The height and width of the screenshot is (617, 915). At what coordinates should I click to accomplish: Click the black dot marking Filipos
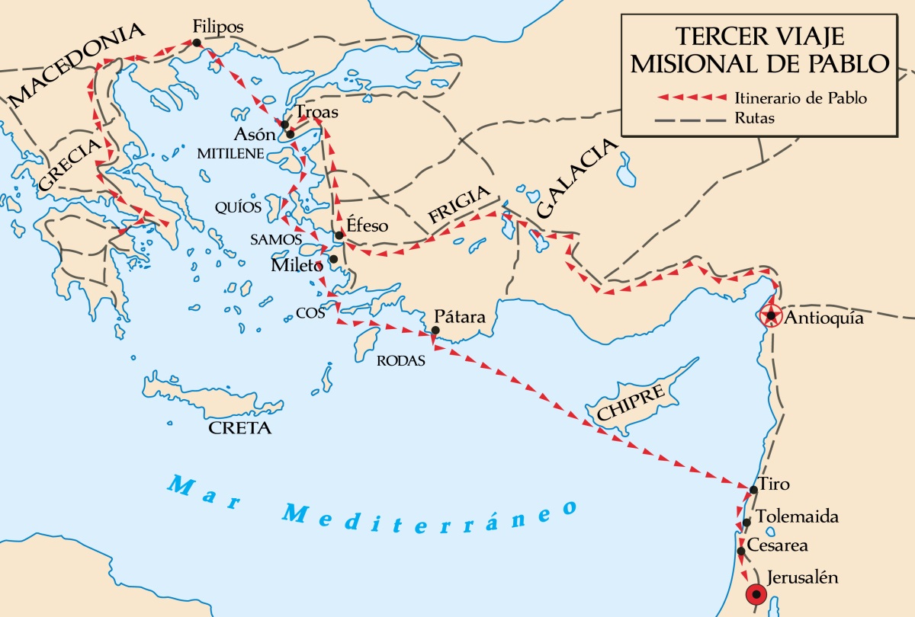coord(197,43)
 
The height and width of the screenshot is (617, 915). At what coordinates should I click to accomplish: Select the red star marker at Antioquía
coord(772,315)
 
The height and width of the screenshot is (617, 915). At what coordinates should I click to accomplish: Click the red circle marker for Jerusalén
coord(756,594)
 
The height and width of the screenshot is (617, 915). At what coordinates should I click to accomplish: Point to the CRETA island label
coord(240,428)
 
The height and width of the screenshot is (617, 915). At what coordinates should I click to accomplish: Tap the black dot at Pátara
coord(435,331)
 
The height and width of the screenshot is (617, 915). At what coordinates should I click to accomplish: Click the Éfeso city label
coord(368,225)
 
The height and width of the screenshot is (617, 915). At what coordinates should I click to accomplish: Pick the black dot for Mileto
coord(333,259)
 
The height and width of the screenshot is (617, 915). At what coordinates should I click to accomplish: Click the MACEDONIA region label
coord(76,63)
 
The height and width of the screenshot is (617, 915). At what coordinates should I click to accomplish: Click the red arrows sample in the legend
coord(692,98)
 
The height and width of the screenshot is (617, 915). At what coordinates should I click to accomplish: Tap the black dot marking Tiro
coord(753,489)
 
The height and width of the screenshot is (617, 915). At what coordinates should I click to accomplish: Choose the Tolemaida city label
coord(798,517)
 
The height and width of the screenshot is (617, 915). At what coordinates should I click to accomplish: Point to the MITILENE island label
coord(231,154)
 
